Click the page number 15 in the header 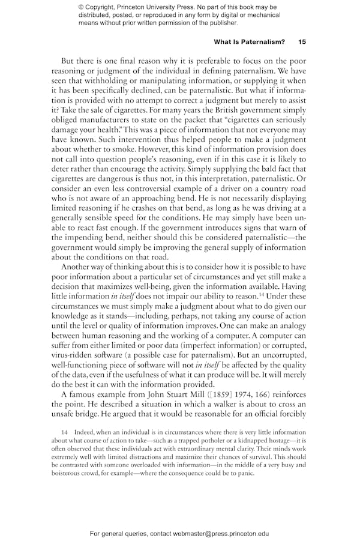click(302, 42)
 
